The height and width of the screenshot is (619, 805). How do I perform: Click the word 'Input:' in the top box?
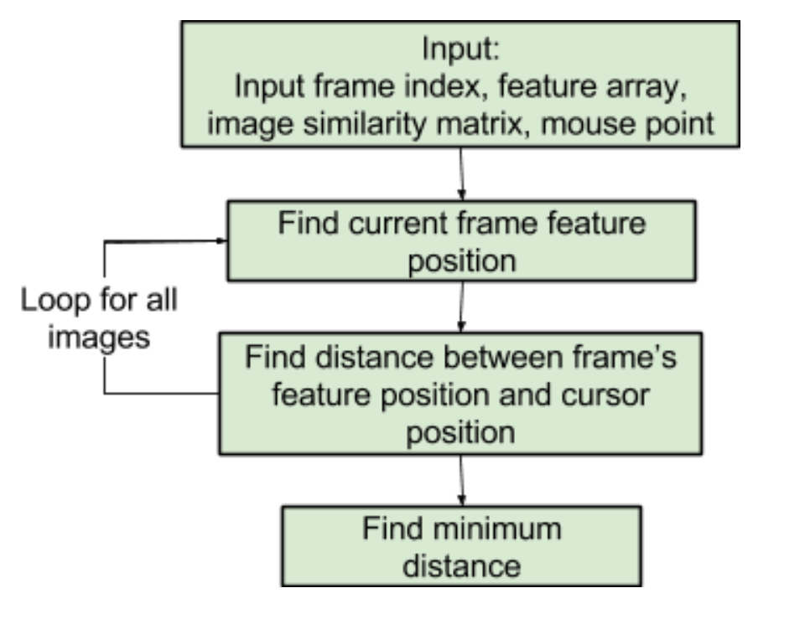(460, 49)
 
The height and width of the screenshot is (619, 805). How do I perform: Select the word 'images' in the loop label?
(99, 338)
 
